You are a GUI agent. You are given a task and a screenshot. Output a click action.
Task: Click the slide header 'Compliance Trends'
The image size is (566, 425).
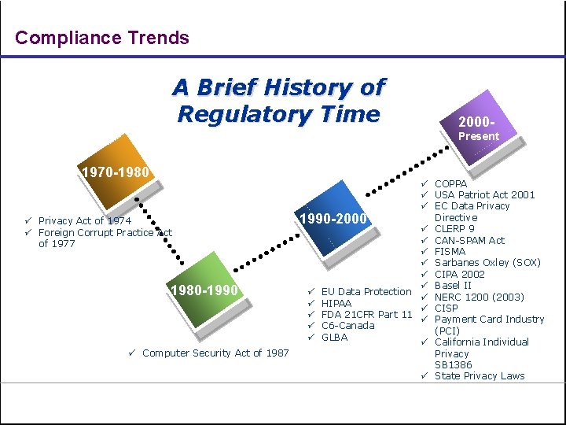coord(102,38)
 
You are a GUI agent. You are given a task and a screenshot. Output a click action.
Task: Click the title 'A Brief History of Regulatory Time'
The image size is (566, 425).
coord(279,100)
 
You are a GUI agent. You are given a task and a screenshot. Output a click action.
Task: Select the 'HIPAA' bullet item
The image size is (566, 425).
coord(336,303)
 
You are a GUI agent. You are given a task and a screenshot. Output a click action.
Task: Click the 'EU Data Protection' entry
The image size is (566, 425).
coord(366,291)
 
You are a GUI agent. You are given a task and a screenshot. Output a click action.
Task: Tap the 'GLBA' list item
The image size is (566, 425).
coord(334,337)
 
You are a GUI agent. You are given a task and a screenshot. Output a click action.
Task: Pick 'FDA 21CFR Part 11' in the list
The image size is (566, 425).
coord(366,314)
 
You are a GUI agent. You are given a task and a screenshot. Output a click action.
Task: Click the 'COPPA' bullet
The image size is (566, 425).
coord(450,183)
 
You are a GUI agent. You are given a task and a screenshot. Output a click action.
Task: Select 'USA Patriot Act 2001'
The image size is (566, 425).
coord(484,194)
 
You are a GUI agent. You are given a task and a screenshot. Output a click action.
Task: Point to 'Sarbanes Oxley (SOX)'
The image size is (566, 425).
coord(487,263)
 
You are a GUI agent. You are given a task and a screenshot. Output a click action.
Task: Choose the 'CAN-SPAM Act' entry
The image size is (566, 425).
coord(469,240)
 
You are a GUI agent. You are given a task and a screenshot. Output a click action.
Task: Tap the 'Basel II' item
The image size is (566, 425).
coord(453,285)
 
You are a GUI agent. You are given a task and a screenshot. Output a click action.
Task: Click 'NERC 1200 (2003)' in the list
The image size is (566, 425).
coord(479,297)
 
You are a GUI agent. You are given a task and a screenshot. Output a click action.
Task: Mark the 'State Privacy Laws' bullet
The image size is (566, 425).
coord(479,375)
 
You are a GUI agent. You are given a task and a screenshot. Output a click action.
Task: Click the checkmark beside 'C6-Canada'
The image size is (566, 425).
coord(311,326)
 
